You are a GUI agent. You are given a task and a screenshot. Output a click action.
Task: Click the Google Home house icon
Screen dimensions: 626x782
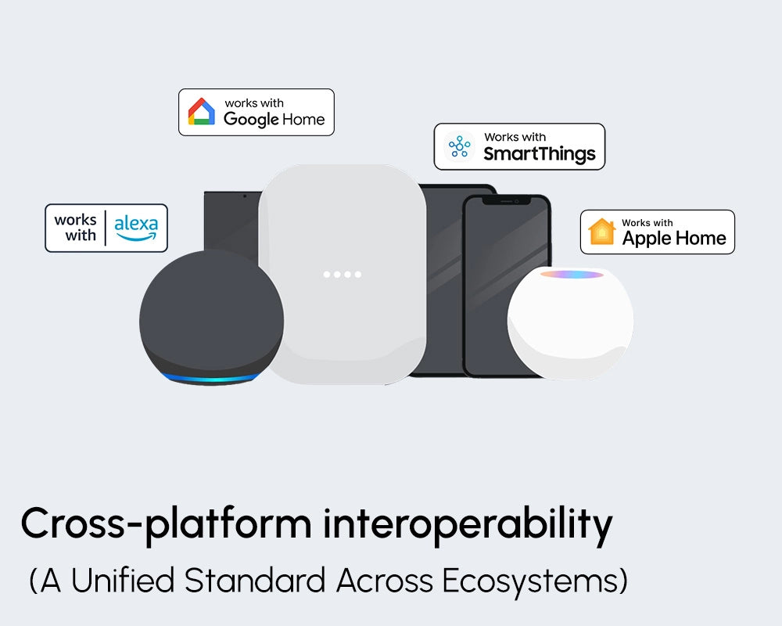coord(202,112)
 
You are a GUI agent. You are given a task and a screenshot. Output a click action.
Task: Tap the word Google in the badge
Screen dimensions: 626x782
coord(251,120)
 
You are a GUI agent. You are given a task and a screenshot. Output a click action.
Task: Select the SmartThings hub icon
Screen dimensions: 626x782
coord(459,146)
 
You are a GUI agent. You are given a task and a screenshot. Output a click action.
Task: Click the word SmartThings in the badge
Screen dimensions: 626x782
coord(539,153)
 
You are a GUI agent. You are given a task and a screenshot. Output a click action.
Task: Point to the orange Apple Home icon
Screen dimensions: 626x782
coord(602,232)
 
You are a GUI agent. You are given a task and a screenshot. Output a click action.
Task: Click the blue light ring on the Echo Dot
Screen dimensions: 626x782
coord(211,379)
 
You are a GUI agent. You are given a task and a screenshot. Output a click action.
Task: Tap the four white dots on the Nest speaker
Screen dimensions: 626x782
coord(343,275)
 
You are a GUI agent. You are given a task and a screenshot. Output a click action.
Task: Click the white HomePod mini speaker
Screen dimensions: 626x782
coord(570,329)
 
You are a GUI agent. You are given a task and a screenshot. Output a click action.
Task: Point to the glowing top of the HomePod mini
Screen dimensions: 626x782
coord(572,275)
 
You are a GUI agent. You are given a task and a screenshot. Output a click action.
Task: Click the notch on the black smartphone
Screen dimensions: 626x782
coord(505,200)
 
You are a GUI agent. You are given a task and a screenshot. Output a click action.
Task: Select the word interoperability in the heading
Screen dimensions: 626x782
coord(468,524)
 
